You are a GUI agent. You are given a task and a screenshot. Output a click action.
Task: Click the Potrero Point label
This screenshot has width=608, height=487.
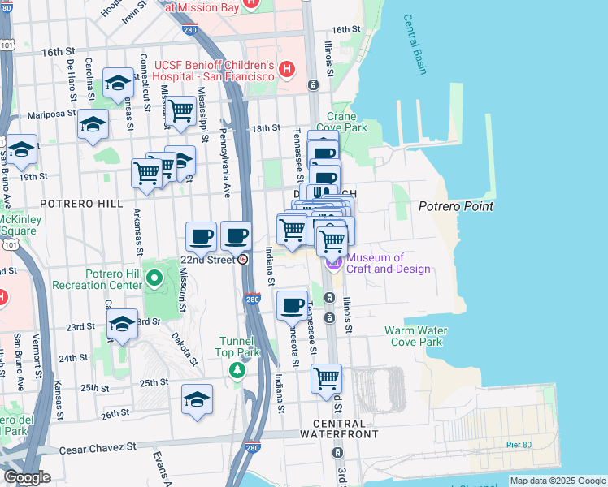[x=455, y=206]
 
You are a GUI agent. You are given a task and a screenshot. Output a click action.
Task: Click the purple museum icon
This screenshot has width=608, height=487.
[x=333, y=263]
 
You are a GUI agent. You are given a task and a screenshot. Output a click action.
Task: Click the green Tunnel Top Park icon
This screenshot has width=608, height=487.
[x=237, y=370]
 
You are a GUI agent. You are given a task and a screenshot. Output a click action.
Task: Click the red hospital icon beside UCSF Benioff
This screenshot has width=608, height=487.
[x=285, y=71]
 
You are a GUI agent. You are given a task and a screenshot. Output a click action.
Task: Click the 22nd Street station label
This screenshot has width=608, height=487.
[x=208, y=259]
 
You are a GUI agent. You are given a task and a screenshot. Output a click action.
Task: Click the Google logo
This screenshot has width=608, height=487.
[x=26, y=477]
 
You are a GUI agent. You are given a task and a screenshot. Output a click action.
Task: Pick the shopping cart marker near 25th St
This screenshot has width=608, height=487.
[x=326, y=377]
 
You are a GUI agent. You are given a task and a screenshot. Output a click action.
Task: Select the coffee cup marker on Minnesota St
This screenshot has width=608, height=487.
[x=293, y=305]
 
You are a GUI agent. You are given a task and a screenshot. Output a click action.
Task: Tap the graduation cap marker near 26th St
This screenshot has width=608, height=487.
[x=197, y=399]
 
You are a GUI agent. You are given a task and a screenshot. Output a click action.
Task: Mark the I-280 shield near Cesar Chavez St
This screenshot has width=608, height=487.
[x=252, y=447]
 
